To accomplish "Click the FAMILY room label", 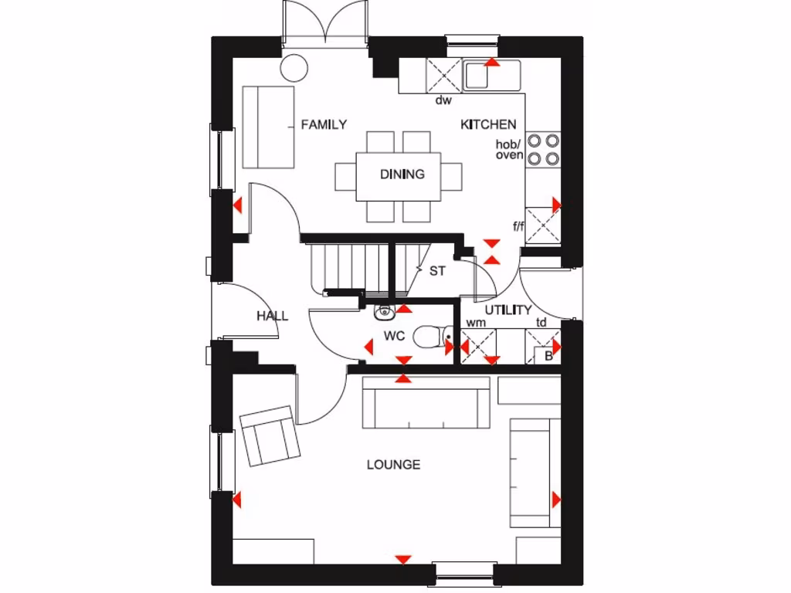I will click(324, 124).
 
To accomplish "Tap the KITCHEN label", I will click(488, 124).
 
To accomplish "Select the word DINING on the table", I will click(402, 175).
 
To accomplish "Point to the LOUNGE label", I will click(393, 465).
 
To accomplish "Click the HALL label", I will click(272, 316).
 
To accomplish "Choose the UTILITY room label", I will click(508, 310).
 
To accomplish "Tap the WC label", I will click(395, 337).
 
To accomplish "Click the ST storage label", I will click(437, 271).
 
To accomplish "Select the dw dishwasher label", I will click(443, 100).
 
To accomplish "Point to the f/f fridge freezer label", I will click(518, 226).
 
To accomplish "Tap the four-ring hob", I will click(543, 149).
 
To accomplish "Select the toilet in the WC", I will click(429, 337).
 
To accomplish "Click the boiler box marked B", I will click(548, 356).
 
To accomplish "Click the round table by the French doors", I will click(294, 68).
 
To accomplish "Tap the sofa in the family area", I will click(268, 127).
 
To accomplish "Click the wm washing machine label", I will click(476, 323).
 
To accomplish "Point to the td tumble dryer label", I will click(541, 323).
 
